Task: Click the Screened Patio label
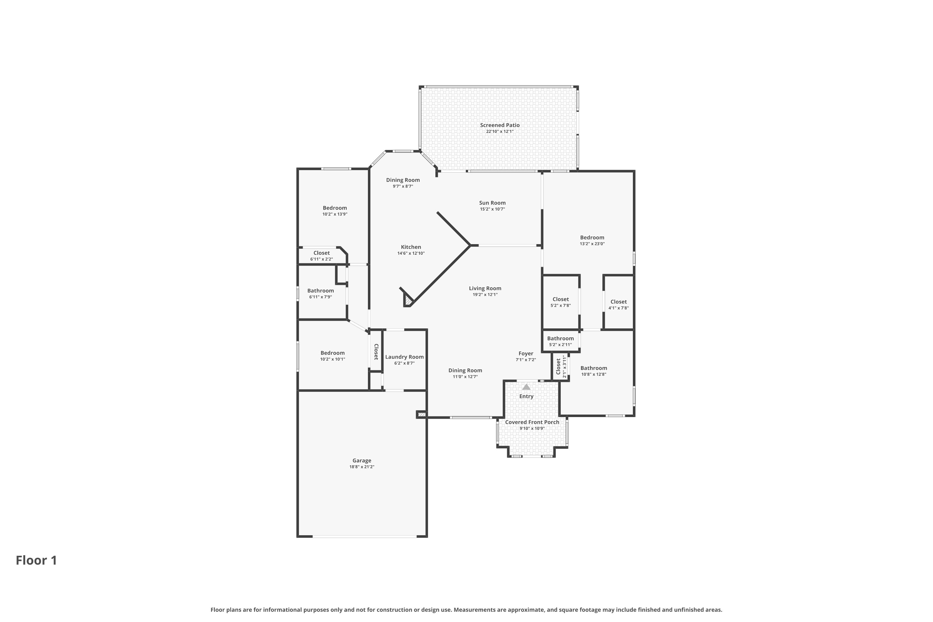(x=499, y=125)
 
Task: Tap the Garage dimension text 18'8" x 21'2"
(x=361, y=467)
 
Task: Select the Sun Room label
(x=492, y=203)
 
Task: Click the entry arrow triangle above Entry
(x=526, y=387)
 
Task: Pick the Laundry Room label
(x=404, y=357)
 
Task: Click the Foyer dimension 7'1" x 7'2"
(x=526, y=360)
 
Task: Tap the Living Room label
(x=485, y=288)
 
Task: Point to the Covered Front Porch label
(x=532, y=422)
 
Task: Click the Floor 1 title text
(x=36, y=560)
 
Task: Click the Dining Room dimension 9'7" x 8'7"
(x=403, y=186)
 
